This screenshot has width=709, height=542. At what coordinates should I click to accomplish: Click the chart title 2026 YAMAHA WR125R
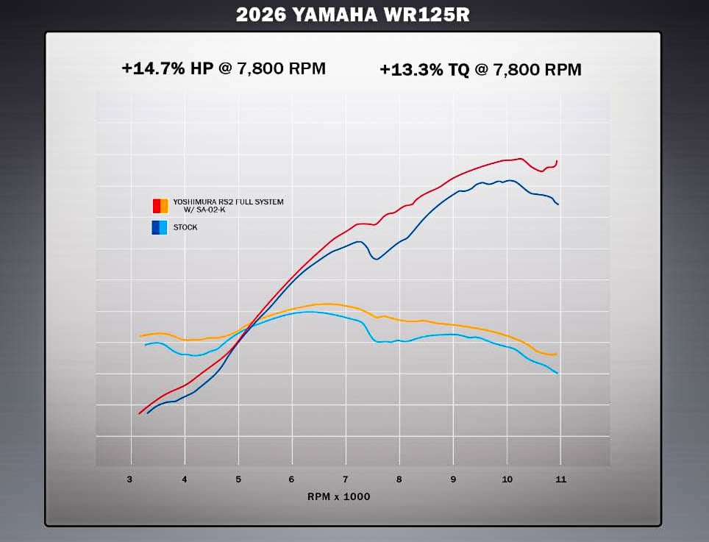click(x=354, y=14)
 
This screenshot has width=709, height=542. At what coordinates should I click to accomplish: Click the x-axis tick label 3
click(x=130, y=479)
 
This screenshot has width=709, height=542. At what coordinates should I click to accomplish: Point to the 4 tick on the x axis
click(x=184, y=479)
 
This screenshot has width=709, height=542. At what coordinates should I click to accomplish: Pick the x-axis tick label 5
click(x=238, y=479)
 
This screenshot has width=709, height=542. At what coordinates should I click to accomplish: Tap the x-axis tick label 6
click(x=291, y=479)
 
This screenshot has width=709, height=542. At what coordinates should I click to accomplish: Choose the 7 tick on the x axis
click(x=345, y=479)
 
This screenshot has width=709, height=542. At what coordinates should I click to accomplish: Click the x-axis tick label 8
click(x=399, y=479)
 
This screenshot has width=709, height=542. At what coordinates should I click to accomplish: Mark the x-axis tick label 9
click(x=453, y=479)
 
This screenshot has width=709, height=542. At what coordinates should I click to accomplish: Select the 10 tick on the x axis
click(x=506, y=479)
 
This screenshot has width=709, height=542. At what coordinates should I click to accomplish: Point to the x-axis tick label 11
click(x=561, y=479)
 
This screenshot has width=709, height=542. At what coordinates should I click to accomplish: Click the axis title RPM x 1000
click(x=338, y=496)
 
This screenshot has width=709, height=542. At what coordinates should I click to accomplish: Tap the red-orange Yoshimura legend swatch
click(x=160, y=205)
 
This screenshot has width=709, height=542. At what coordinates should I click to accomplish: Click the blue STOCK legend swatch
click(x=160, y=227)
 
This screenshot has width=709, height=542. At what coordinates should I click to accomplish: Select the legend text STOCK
click(x=185, y=227)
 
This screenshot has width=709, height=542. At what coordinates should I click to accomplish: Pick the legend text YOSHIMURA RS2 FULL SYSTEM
click(x=228, y=202)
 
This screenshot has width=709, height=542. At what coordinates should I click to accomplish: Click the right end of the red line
click(x=557, y=161)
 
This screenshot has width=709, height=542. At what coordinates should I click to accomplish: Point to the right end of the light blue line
click(x=558, y=373)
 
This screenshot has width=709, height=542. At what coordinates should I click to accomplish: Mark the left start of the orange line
click(x=140, y=336)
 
